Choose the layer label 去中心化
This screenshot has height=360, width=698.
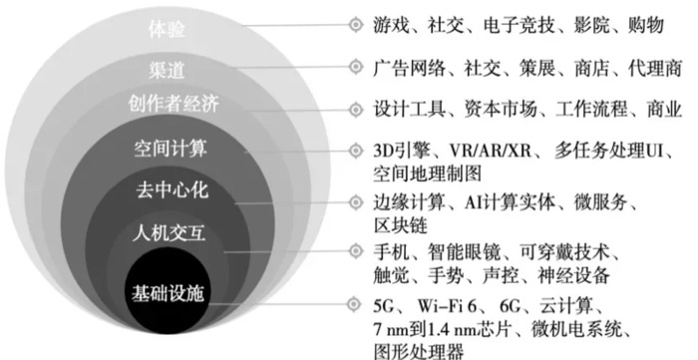click(172, 189)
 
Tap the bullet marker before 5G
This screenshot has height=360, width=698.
click(354, 304)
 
